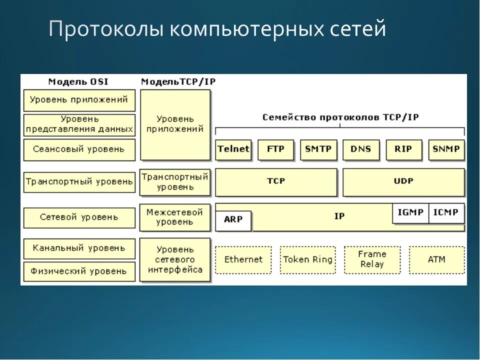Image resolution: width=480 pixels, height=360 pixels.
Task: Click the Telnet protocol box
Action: (233, 149)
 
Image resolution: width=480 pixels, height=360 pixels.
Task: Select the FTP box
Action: (275, 149)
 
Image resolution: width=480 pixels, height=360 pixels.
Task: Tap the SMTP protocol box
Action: (318, 149)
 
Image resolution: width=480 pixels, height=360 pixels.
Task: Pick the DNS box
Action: (361, 149)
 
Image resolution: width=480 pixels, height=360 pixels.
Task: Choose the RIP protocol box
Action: (403, 149)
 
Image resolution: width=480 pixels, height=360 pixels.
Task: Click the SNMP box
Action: (446, 149)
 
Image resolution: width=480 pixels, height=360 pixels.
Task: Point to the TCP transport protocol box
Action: (276, 181)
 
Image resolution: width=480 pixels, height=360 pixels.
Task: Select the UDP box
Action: (403, 181)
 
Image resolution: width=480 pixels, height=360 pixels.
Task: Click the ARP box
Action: (233, 220)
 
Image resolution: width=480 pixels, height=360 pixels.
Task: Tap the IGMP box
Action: (410, 212)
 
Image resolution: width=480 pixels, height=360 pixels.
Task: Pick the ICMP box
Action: (446, 212)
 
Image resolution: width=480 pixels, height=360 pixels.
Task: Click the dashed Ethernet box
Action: (243, 259)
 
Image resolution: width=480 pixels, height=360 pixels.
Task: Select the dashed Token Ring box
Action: (307, 259)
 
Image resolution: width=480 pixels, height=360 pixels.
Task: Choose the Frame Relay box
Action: (372, 259)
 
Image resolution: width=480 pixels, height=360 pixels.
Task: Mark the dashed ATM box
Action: (436, 259)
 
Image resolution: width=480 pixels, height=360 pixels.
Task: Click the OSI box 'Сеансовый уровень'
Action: (79, 149)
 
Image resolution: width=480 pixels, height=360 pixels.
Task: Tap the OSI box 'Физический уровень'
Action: (79, 271)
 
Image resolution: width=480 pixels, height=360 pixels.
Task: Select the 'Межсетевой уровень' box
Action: (175, 217)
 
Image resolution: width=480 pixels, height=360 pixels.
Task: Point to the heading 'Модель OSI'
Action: (78, 81)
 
